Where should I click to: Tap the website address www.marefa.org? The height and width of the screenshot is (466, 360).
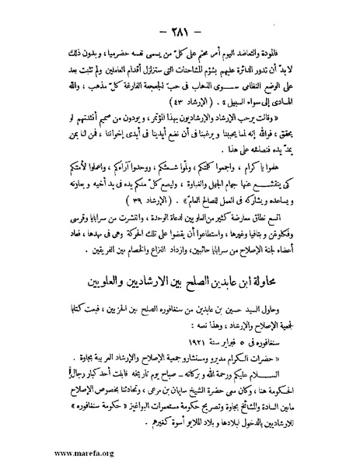coord(47,450)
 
